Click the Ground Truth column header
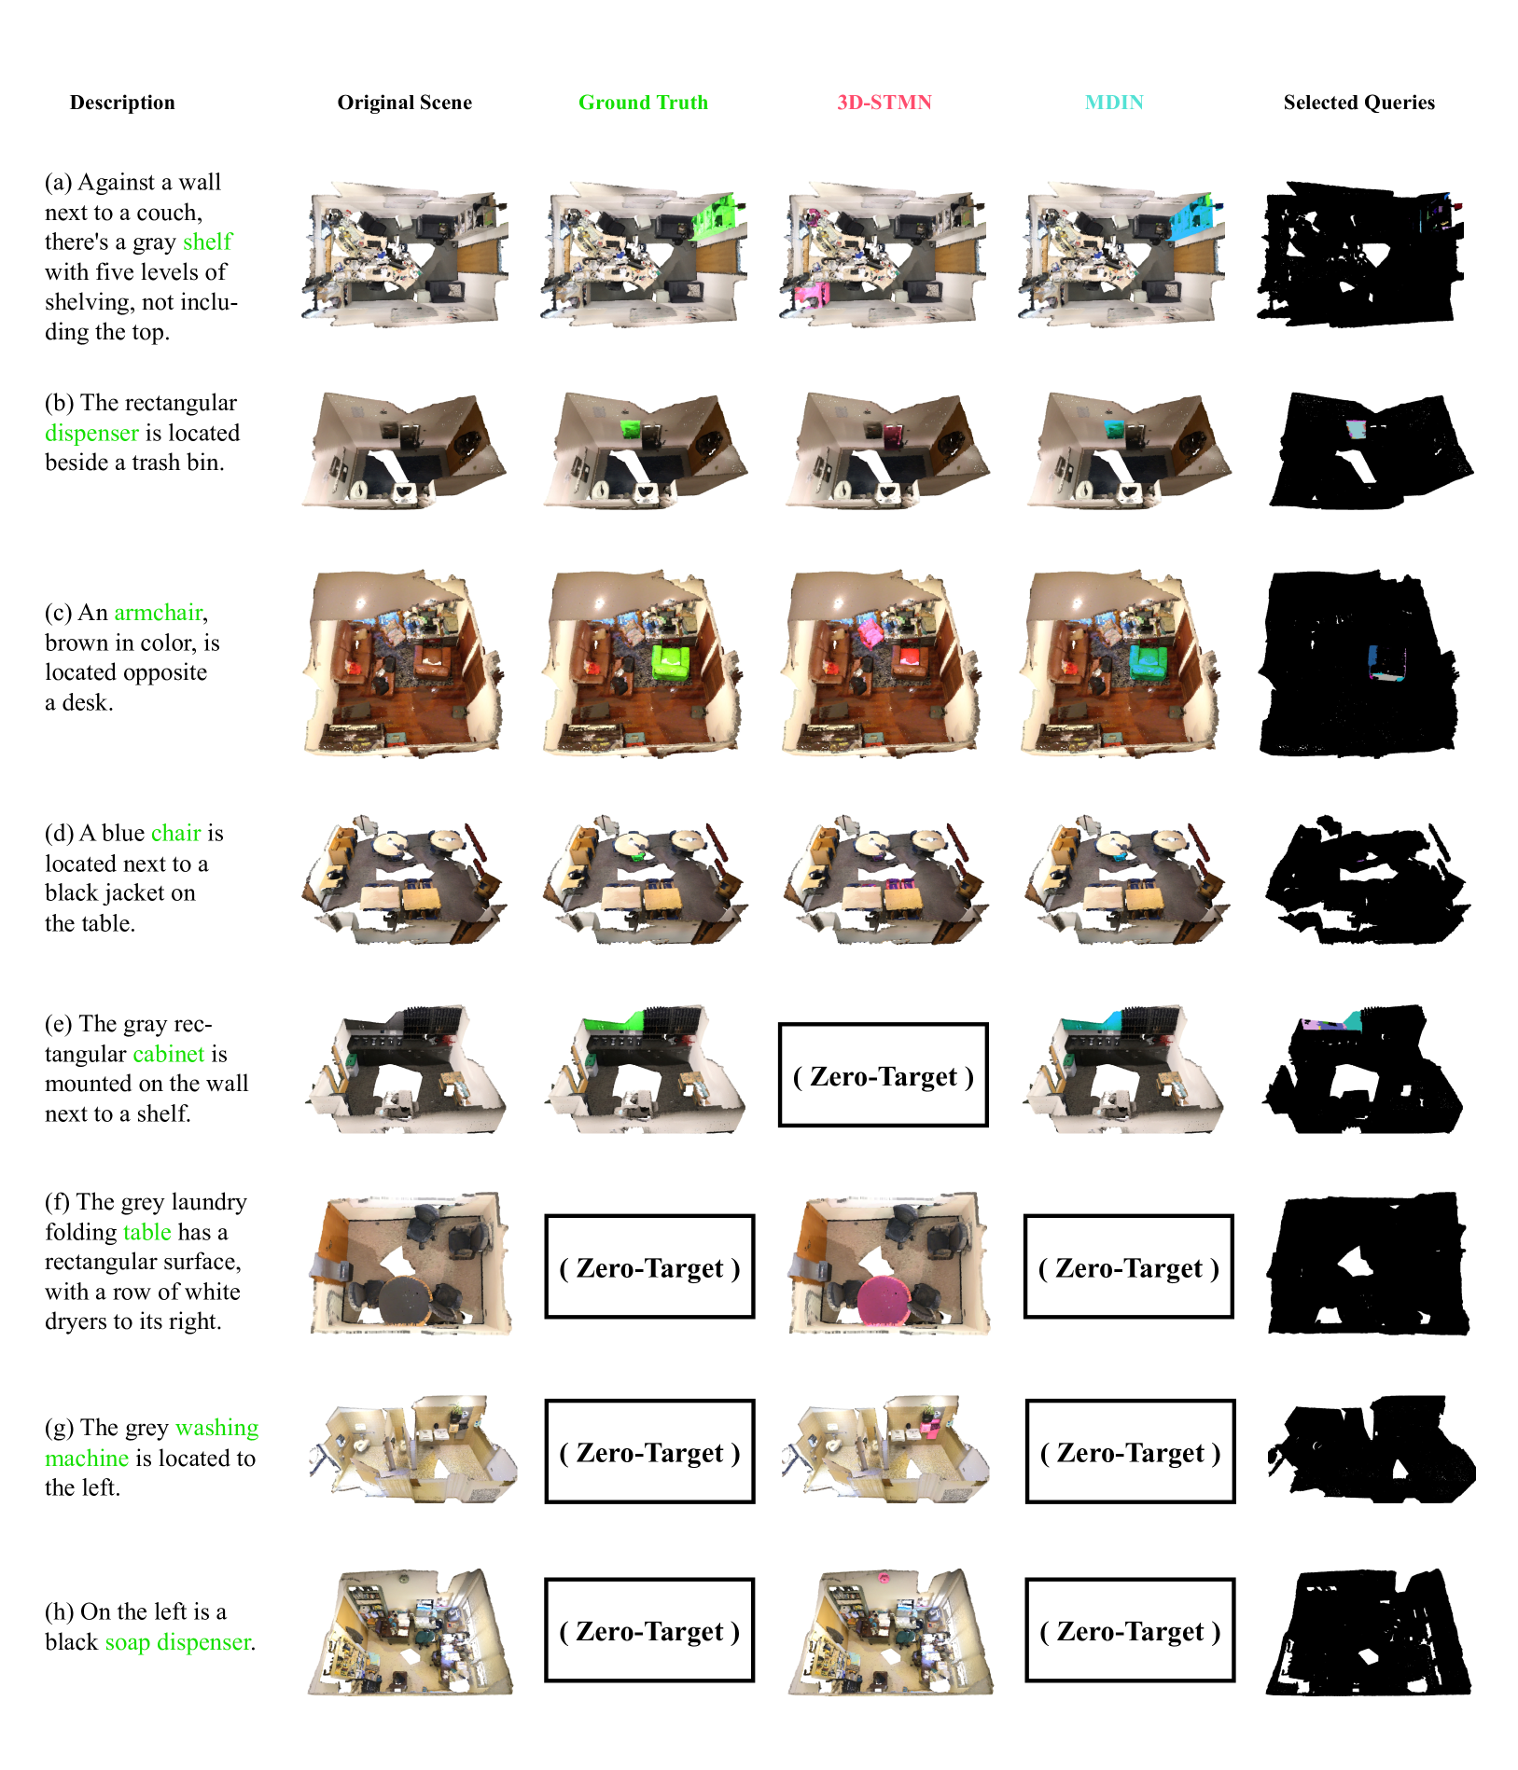643,103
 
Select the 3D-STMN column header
884,103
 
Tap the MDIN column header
1114,103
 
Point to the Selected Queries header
1358,103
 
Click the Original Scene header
404,103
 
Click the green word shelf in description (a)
207,242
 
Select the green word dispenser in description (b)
91,434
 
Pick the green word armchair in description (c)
159,613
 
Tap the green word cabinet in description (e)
168,1054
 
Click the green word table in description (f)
146,1232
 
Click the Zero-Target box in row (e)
883,1075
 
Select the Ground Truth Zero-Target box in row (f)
649,1266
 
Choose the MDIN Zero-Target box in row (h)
1130,1630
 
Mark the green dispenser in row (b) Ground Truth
631,429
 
